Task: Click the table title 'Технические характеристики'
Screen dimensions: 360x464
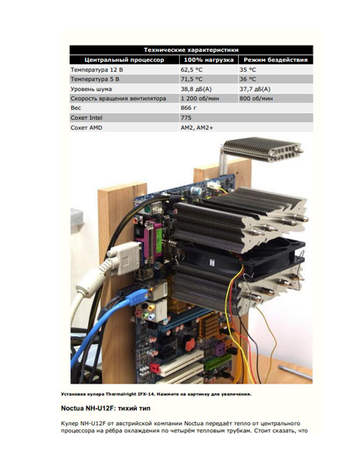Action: [191, 49]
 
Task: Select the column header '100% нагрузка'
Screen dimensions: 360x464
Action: [209, 60]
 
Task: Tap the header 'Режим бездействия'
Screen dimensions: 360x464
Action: [276, 60]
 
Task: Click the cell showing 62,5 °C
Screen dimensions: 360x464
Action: [192, 70]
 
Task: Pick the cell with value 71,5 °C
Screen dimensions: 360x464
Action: [192, 80]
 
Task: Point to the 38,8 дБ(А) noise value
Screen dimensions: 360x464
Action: [196, 89]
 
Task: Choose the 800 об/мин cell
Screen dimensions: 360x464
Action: [256, 98]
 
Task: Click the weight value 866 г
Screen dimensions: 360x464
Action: [188, 108]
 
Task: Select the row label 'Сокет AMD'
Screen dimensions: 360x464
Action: [87, 128]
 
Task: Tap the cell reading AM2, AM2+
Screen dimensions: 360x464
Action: [196, 128]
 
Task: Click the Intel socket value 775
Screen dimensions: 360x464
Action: [186, 118]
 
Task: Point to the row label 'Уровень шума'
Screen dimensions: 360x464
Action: [91, 89]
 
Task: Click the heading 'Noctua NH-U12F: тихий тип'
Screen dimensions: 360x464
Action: [106, 408]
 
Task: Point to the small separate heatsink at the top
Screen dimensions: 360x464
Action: [262, 150]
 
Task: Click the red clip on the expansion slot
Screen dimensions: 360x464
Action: [155, 369]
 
